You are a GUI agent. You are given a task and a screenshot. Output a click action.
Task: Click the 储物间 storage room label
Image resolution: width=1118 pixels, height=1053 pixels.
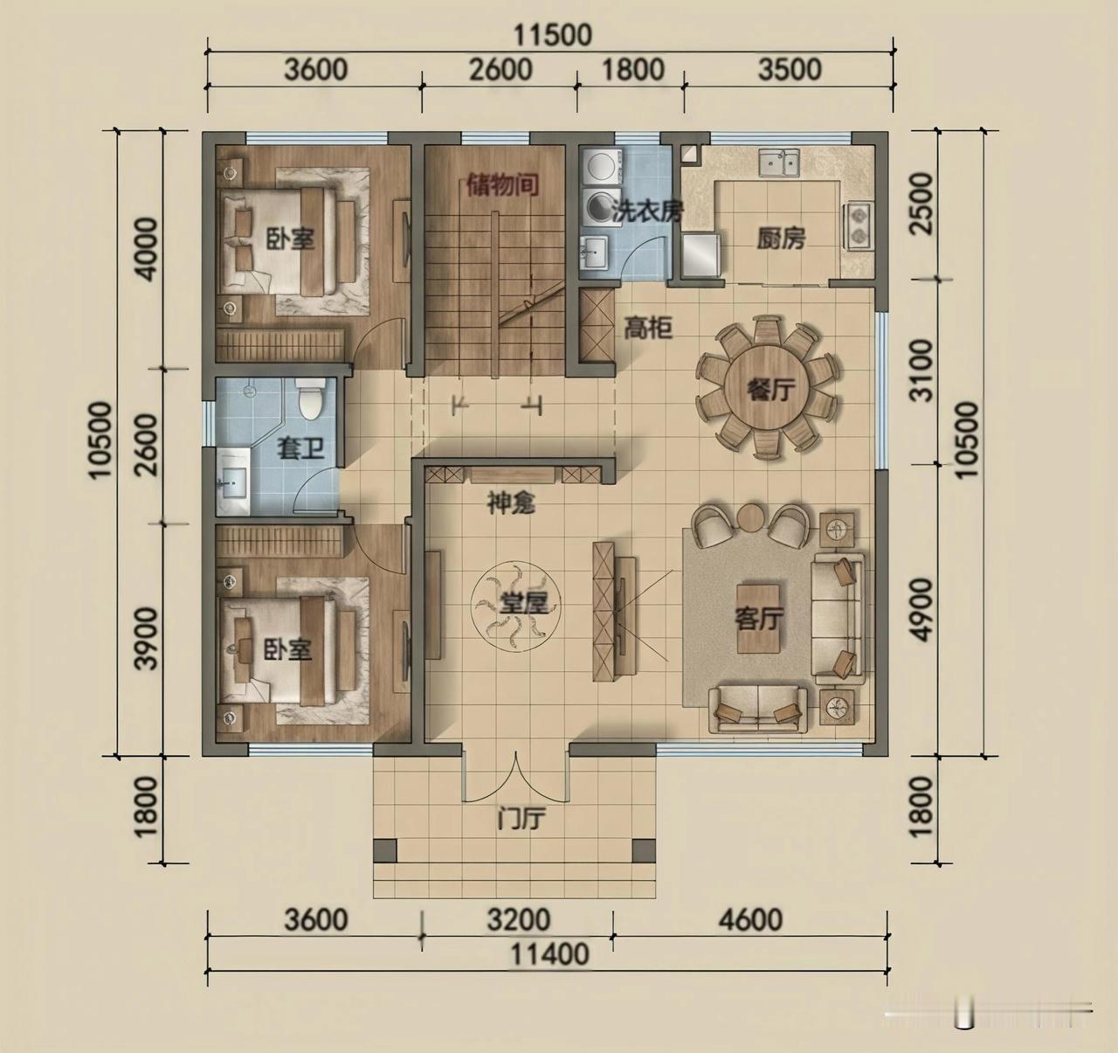pyautogui.click(x=503, y=185)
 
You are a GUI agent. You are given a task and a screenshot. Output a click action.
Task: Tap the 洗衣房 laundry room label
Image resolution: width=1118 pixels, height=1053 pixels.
pyautogui.click(x=647, y=211)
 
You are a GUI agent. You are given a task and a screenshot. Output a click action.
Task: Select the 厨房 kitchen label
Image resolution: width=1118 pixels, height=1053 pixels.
pyautogui.click(x=781, y=238)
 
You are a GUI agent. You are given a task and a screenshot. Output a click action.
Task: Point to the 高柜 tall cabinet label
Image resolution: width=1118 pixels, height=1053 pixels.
pyautogui.click(x=648, y=328)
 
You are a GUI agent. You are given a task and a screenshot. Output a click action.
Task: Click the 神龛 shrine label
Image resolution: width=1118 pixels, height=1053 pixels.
pyautogui.click(x=511, y=503)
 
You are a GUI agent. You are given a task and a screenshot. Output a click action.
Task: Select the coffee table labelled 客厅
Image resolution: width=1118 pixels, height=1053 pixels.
pyautogui.click(x=759, y=618)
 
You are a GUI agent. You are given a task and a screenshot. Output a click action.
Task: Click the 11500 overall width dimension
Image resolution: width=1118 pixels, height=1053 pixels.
pyautogui.click(x=552, y=35)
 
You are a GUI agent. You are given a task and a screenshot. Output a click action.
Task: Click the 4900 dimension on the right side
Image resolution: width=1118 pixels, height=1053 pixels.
pyautogui.click(x=922, y=610)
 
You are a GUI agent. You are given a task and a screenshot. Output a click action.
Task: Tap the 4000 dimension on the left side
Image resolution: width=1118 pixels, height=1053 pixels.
pyautogui.click(x=148, y=250)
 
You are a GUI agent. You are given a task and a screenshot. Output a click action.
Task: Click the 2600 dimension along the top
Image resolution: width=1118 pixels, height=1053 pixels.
pyautogui.click(x=501, y=70)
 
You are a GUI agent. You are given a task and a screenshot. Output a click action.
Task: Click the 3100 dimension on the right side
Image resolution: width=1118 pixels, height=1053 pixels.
pyautogui.click(x=922, y=371)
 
